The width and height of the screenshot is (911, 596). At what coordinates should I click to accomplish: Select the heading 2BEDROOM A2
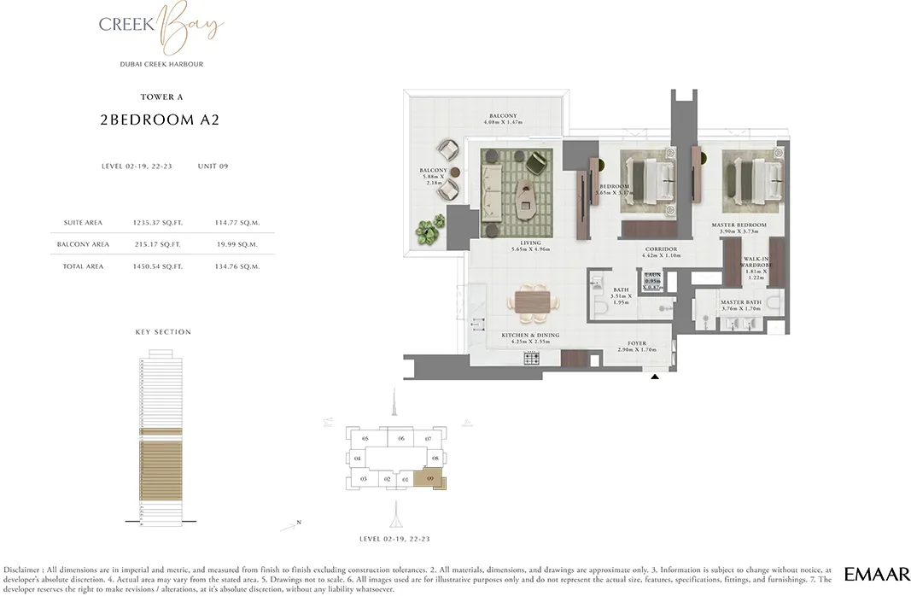point(161,120)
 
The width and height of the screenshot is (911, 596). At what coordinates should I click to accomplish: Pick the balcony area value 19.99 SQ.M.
point(237,244)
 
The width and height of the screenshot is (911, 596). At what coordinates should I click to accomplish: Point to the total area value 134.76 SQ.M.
point(237,266)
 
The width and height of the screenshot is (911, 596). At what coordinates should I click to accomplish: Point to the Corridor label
point(661,250)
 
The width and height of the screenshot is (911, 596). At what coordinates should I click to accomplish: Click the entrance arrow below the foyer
point(655,376)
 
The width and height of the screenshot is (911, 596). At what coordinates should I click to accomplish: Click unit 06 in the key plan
point(400,439)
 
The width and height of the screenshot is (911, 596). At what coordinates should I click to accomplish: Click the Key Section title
point(163,332)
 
